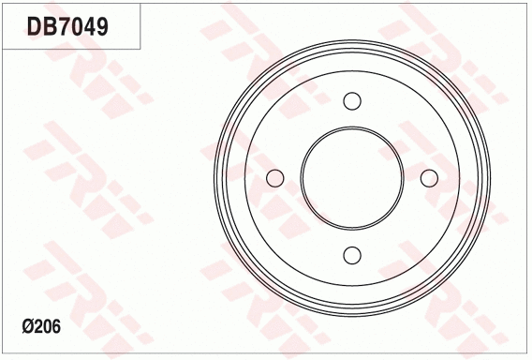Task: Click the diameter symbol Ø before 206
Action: click(x=27, y=327)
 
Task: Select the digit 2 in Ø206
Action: click(x=39, y=327)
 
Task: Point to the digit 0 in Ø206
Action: click(x=49, y=327)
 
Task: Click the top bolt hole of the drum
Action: click(x=352, y=101)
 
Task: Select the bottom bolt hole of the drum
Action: click(x=352, y=254)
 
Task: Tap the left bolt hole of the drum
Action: click(x=275, y=178)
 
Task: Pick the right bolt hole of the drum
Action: click(x=429, y=178)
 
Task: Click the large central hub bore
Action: click(x=352, y=178)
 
